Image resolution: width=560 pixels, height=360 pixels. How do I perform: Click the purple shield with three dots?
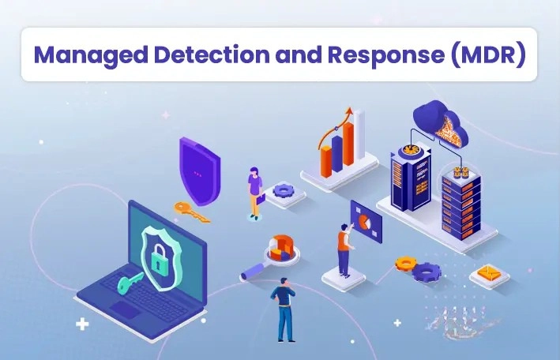(198, 169)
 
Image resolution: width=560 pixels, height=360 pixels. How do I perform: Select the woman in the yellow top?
(255, 189)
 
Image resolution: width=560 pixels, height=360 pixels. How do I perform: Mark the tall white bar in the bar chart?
(359, 142)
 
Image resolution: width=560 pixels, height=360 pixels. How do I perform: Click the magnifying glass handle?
(255, 272)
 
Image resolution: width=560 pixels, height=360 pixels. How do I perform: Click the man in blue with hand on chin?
(285, 308)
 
